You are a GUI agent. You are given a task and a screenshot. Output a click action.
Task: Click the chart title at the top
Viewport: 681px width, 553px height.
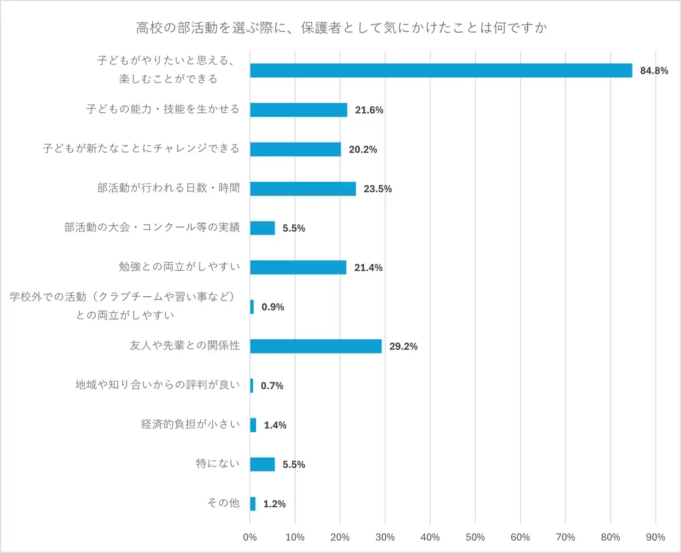tap(341, 28)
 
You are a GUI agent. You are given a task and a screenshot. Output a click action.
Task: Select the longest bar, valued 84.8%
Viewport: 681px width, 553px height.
tap(441, 71)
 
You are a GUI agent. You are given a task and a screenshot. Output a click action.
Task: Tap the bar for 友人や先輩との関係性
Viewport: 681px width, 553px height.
tap(315, 346)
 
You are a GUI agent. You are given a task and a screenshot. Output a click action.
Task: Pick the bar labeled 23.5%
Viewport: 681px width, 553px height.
tap(303, 189)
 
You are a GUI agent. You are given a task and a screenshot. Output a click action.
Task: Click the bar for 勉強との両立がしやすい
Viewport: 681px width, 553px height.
tap(298, 267)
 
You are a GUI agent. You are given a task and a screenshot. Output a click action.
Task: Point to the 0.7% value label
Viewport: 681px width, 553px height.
tap(272, 386)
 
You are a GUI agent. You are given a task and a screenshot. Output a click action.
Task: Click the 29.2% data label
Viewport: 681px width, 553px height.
tap(403, 346)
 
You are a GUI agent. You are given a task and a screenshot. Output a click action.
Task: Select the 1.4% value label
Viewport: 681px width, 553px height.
tap(275, 425)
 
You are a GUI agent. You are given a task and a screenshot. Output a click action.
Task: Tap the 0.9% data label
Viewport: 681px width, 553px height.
tap(273, 307)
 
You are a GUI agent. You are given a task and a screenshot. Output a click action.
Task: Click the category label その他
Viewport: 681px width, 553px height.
tap(223, 503)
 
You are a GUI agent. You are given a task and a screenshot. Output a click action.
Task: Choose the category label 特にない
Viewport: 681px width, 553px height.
tap(218, 464)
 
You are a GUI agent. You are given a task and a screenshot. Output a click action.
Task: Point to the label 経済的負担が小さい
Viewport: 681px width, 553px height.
tap(190, 424)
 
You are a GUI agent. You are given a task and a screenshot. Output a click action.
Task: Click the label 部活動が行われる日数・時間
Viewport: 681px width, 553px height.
tap(168, 188)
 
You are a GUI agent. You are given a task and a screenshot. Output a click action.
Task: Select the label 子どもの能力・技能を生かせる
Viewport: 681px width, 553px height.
tap(163, 109)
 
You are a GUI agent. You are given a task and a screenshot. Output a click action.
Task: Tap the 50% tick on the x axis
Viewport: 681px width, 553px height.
tap(475, 537)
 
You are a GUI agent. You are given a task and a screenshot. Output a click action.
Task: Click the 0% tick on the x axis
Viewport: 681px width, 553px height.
tap(250, 537)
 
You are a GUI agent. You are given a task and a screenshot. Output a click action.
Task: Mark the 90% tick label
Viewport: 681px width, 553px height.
tap(655, 537)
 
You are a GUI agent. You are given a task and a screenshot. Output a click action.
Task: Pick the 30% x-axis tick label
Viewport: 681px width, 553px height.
tap(385, 537)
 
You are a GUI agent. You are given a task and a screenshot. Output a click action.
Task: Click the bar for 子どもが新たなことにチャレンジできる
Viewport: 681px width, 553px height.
tap(295, 149)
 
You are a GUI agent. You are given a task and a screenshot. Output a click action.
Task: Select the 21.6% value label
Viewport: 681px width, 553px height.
tap(369, 110)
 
